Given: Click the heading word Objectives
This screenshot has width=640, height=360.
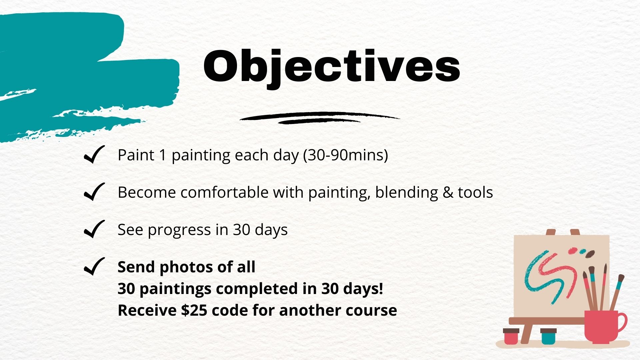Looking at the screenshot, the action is pos(332,67).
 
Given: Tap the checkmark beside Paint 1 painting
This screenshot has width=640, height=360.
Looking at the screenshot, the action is pos(94,155).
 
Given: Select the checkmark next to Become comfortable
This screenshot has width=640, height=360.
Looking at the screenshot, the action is pos(94,192).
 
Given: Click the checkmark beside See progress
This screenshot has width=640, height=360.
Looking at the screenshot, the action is pos(94,229).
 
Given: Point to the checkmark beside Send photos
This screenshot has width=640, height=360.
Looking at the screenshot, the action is pos(94,267).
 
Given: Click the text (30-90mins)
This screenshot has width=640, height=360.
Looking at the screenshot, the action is pos(346,155).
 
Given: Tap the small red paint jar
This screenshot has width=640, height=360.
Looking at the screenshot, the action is pos(511,336).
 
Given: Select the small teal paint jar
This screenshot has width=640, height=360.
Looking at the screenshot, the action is pos(548,336).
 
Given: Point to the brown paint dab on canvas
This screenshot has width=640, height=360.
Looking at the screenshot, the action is pos(590,254).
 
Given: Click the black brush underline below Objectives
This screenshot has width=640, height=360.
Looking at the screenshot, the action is pos(319,118).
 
